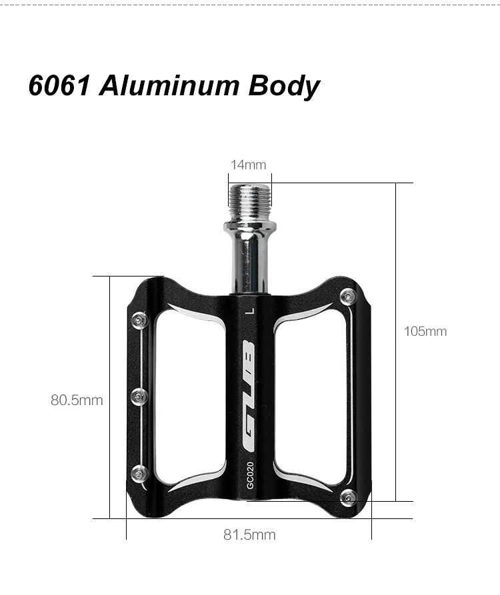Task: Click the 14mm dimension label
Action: pos(248,165)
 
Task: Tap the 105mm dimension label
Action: pos(425,331)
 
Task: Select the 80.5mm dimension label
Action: pos(77,400)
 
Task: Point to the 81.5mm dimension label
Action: pos(249,534)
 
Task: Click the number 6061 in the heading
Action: pos(59,85)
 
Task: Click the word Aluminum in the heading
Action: pos(169,85)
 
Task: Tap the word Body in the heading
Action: pos(285,87)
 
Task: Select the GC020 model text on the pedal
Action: pos(250,476)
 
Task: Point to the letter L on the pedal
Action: pos(250,310)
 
